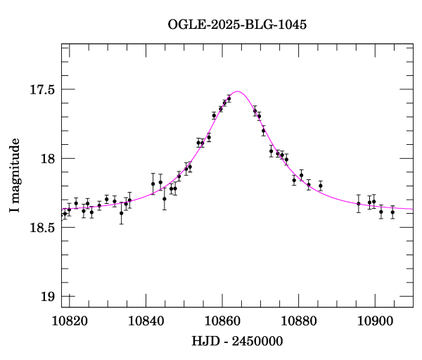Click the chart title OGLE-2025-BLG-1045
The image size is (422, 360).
pos(237,25)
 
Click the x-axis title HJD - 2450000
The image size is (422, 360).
pos(237,342)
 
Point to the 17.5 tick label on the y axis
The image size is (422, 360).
pos(42,90)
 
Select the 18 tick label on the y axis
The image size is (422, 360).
pos(47,159)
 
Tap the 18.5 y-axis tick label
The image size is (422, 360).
pos(42,228)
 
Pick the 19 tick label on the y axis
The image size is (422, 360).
pos(47,297)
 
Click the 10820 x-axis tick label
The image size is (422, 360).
pos(70,321)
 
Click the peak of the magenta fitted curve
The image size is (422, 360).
pos(238,91)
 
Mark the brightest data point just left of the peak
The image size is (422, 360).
pos(229,98)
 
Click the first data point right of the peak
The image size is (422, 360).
pos(255,110)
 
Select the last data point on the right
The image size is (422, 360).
pos(392,212)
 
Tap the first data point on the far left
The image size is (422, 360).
pos(65,213)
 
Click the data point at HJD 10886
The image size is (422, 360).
pos(320,186)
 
